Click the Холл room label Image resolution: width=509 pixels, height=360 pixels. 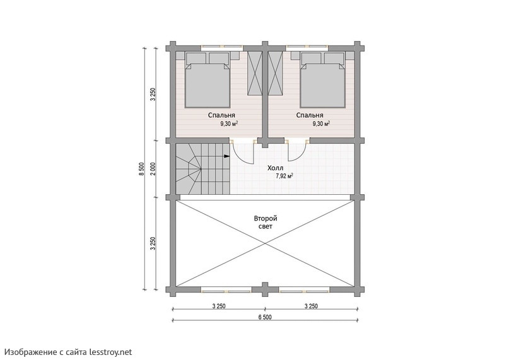pos(275,168)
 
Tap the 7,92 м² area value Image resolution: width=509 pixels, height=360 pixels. pos(284,177)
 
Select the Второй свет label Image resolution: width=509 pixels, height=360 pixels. pos(265,223)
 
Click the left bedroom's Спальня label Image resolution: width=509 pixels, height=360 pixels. pos(221,115)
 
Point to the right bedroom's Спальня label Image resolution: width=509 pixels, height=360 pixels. pos(309,115)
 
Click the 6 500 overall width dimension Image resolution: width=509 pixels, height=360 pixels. pos(265,317)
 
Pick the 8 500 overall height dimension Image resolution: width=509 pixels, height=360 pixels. pos(141,169)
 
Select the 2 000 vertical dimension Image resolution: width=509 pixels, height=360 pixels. pos(153,169)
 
